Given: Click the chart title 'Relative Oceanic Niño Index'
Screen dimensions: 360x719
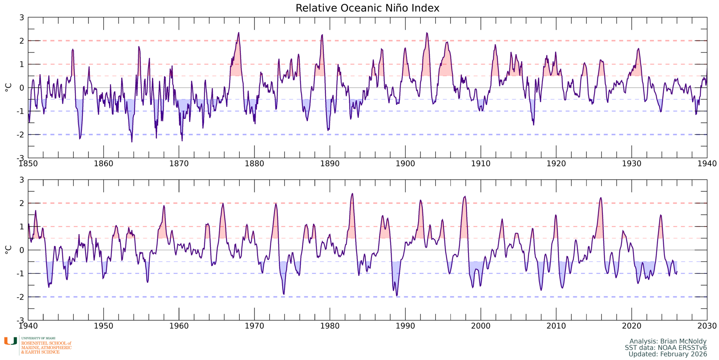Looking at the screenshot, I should tap(367, 8).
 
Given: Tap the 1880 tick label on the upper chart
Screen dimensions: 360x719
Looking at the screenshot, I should tap(254, 164).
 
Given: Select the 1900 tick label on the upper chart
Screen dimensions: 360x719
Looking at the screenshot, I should tap(405, 164).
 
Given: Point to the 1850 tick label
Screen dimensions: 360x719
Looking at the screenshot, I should tap(28, 164).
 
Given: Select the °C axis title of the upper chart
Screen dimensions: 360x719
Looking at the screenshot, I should tap(8, 87).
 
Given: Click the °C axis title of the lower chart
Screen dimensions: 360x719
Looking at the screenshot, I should tap(8, 250).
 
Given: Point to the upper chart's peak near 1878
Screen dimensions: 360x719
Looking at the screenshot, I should tap(238, 33).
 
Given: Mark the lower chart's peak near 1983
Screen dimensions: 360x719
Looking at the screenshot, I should tap(352, 194).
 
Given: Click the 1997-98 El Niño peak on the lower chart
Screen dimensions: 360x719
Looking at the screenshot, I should tap(465, 197).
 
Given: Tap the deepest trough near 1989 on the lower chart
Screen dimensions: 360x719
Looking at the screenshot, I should tap(397, 296).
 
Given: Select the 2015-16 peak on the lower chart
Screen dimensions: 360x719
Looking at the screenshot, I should tap(601, 198).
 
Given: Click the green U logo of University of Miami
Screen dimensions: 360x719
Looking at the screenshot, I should tap(11, 341).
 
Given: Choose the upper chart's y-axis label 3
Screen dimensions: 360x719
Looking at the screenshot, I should tap(22, 18).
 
